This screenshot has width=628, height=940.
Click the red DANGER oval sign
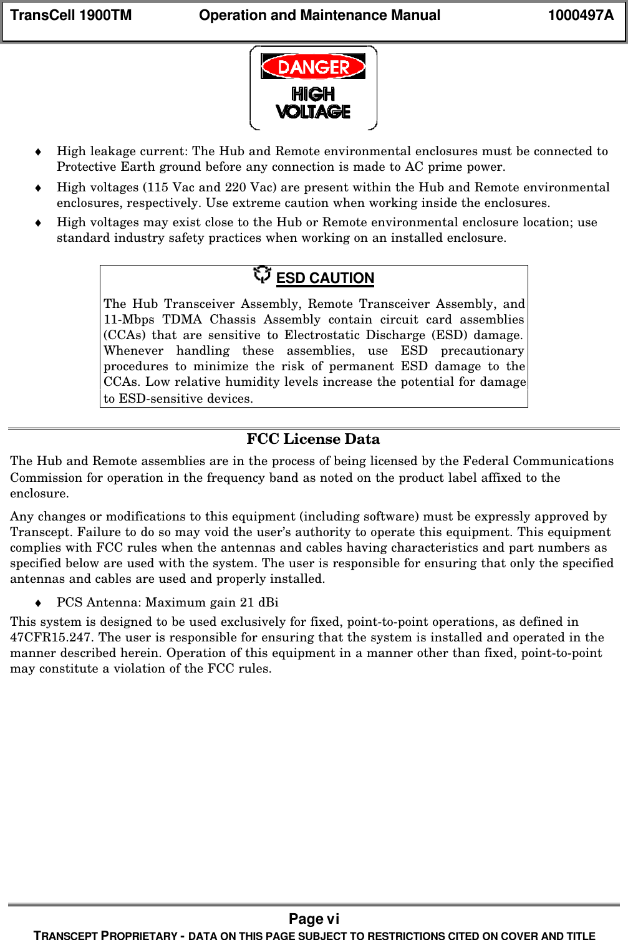(313, 67)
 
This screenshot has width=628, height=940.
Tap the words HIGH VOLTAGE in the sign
(313, 103)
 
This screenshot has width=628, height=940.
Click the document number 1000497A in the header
(581, 16)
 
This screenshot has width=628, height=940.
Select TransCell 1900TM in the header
(71, 16)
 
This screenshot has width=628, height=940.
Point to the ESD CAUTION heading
(325, 279)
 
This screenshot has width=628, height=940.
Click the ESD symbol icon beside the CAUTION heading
(263, 274)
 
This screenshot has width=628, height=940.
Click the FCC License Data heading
(313, 439)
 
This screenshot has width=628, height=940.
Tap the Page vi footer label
(314, 919)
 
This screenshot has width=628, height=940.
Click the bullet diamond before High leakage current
(38, 151)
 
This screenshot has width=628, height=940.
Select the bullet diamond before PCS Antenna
(38, 603)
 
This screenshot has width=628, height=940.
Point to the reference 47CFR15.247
(52, 638)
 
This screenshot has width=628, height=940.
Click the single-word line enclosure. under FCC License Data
(39, 494)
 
